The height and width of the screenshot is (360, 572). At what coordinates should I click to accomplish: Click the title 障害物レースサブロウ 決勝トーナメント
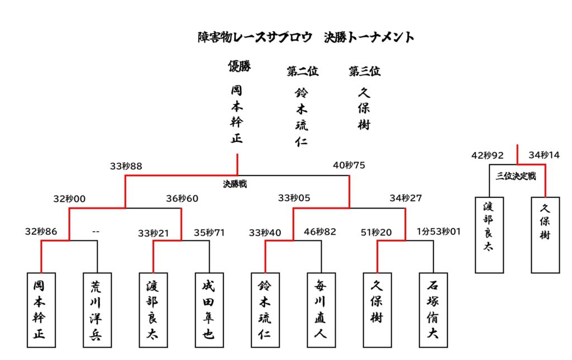(306, 37)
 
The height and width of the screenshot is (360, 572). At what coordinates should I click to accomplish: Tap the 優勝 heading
(239, 67)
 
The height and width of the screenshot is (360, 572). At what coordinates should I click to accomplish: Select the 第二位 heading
(302, 71)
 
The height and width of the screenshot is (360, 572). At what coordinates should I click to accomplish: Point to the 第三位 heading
(364, 71)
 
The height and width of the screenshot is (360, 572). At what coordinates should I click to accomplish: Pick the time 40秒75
(349, 166)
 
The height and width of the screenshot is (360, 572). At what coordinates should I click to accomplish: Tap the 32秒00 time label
(69, 198)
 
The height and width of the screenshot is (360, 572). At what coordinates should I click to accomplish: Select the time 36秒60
(182, 198)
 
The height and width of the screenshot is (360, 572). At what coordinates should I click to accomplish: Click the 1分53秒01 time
(438, 231)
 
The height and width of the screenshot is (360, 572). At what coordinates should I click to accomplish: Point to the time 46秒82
(320, 231)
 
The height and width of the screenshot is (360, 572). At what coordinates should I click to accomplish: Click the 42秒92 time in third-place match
(488, 155)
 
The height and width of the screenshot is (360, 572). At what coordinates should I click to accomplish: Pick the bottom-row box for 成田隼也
(209, 310)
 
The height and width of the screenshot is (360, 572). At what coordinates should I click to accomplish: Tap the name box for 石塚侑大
(433, 310)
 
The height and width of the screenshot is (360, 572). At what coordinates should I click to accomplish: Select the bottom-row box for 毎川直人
(321, 310)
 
